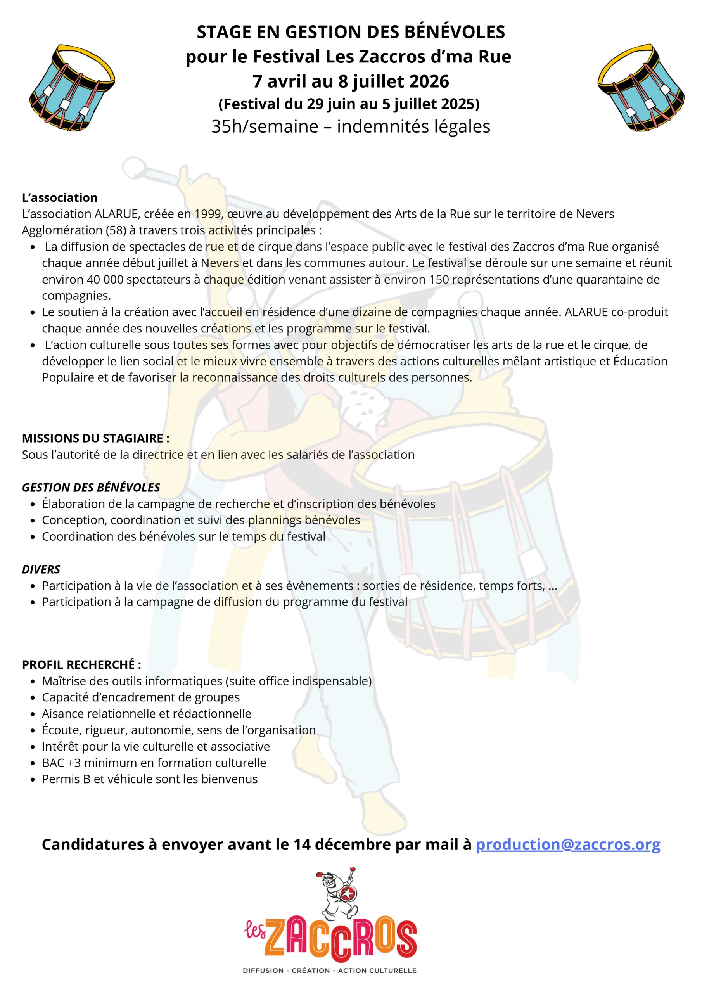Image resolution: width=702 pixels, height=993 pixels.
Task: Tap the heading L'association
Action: pyautogui.click(x=60, y=198)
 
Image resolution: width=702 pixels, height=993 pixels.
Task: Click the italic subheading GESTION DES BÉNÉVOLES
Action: pyautogui.click(x=91, y=488)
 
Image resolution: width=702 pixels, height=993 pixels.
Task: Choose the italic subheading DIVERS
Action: pyautogui.click(x=41, y=569)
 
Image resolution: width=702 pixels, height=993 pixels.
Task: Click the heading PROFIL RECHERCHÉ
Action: pyautogui.click(x=81, y=664)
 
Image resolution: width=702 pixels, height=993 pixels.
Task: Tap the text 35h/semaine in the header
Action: pyautogui.click(x=265, y=127)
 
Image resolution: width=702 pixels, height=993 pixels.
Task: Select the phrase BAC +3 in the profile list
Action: pyautogui.click(x=61, y=763)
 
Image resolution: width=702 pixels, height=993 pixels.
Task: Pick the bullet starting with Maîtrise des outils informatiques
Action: pyautogui.click(x=206, y=681)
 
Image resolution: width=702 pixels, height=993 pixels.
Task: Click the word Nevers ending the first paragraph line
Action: pyautogui.click(x=595, y=214)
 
